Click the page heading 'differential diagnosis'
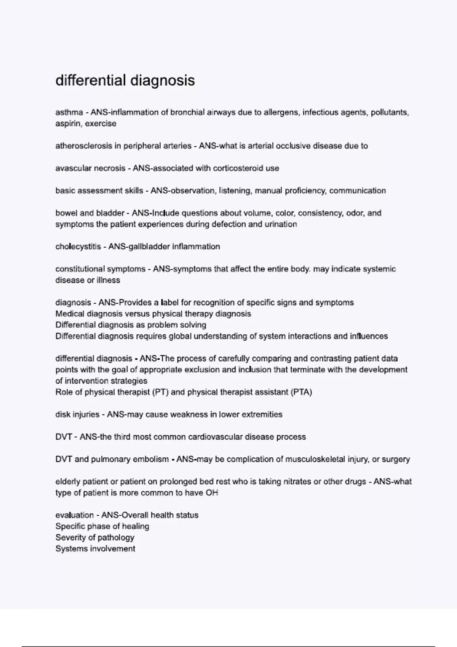(125, 80)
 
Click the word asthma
(69, 112)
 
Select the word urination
(280, 224)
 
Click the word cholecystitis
(78, 247)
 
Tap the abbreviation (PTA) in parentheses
(301, 392)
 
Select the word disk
(62, 414)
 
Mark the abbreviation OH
(212, 493)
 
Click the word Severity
(70, 538)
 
